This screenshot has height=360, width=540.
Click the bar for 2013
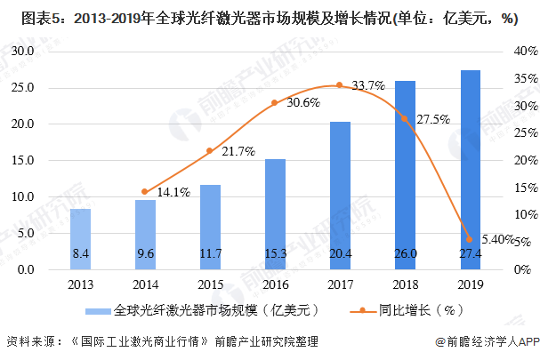click(x=80, y=238)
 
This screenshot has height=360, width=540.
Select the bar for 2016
click(x=275, y=213)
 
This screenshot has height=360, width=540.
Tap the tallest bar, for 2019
click(x=470, y=169)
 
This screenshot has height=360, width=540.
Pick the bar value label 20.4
click(x=340, y=254)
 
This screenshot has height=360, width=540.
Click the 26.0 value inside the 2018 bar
click(x=405, y=254)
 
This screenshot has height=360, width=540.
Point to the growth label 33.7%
click(x=368, y=85)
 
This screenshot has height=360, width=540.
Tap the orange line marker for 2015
click(x=210, y=150)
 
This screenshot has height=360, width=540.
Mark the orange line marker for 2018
click(x=405, y=118)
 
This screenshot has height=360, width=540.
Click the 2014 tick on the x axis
click(x=145, y=284)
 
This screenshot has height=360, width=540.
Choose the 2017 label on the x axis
click(x=340, y=284)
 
